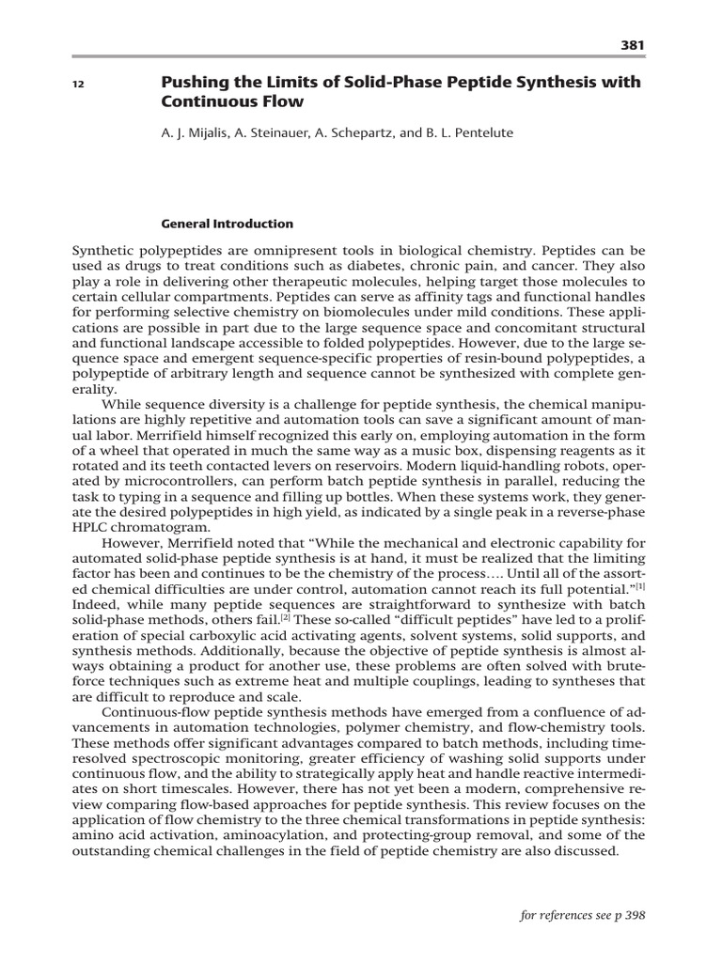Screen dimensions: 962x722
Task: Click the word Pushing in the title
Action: coord(195,83)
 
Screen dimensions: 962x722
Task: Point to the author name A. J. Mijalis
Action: coord(194,133)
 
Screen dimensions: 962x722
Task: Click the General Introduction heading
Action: coord(227,224)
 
